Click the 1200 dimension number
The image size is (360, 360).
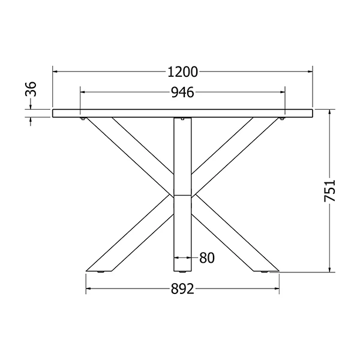click(183, 72)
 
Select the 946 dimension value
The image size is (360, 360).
click(183, 92)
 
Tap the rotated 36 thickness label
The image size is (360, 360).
click(31, 89)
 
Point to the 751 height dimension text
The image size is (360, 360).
click(329, 191)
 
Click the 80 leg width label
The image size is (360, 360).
click(207, 257)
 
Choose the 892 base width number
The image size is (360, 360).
click(182, 289)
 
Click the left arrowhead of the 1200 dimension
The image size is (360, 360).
click(55, 71)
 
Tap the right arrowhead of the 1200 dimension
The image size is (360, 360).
click(310, 71)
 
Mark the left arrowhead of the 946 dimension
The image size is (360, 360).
click(83, 92)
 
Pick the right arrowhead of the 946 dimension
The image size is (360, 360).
click(283, 92)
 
